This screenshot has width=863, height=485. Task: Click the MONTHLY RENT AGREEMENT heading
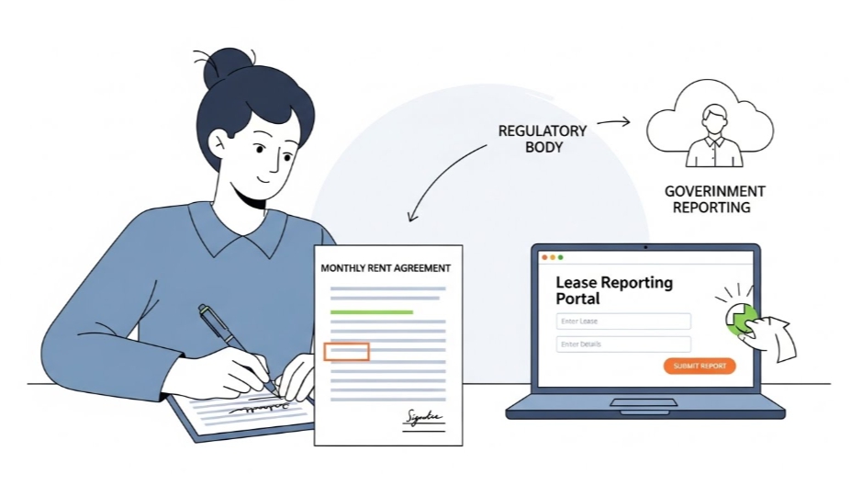tap(386, 268)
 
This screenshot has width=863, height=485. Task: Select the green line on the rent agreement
tap(371, 312)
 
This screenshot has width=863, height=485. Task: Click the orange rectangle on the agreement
tap(347, 351)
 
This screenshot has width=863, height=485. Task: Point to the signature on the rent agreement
tap(422, 419)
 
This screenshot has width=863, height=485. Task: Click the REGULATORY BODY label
tap(542, 139)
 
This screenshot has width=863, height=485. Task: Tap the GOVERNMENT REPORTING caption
tap(715, 199)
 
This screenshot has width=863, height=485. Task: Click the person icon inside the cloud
tap(713, 138)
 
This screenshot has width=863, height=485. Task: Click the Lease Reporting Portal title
tap(613, 290)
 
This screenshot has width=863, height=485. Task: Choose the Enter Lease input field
tap(623, 321)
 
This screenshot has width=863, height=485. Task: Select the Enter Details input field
tap(623, 344)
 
